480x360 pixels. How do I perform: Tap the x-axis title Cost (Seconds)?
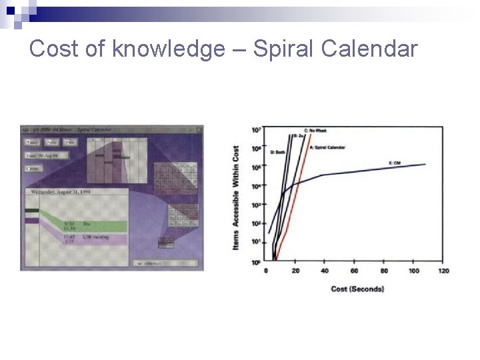coord(357,289)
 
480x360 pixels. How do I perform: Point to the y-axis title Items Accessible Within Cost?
coord(236,198)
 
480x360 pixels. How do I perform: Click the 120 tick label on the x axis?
coord(443,271)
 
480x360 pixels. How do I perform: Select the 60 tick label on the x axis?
coord(354,271)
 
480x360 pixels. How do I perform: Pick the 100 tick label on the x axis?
coord(413,271)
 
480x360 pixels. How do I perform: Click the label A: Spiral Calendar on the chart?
coord(327,147)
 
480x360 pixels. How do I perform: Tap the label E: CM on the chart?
coord(394,163)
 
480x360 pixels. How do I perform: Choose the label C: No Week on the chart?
coord(315,131)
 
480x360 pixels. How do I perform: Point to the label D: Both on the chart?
coord(277,152)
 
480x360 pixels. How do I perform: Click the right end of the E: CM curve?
coord(425,164)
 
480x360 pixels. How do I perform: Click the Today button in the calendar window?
coord(32,142)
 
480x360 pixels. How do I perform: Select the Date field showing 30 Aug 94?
coord(43,155)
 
